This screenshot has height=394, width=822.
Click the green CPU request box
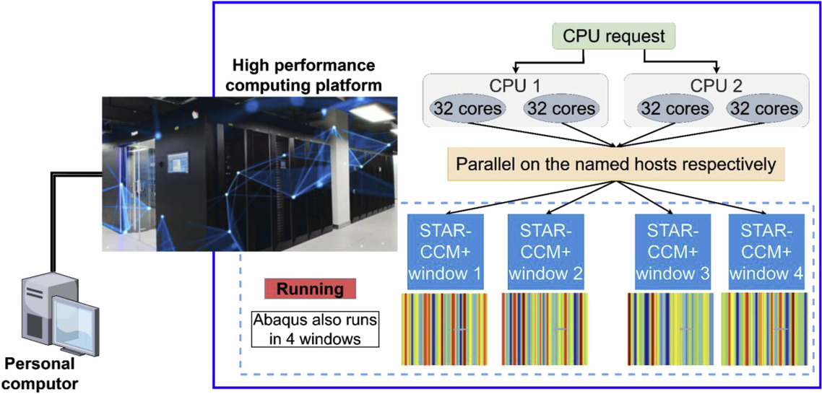pos(600,35)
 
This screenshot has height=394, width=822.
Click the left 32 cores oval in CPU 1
pos(461,109)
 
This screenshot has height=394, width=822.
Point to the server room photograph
pos(249,173)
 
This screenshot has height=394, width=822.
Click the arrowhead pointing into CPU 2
pos(717,69)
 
